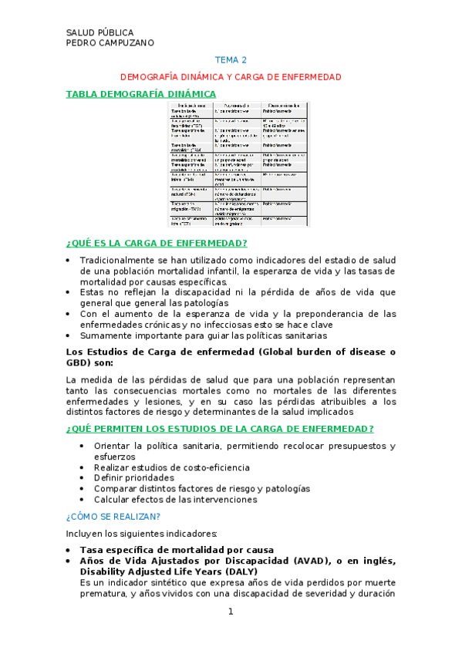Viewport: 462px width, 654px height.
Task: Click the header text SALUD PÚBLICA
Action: (x=100, y=32)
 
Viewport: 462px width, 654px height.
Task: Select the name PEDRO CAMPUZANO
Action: (x=110, y=42)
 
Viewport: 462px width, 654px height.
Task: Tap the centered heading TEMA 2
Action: (x=231, y=59)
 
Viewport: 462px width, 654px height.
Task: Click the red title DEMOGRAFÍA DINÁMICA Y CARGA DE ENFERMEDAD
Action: (x=231, y=78)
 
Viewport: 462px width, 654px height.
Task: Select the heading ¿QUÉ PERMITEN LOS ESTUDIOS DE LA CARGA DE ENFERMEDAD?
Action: (x=221, y=429)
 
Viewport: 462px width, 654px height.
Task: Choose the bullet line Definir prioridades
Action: (x=134, y=477)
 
